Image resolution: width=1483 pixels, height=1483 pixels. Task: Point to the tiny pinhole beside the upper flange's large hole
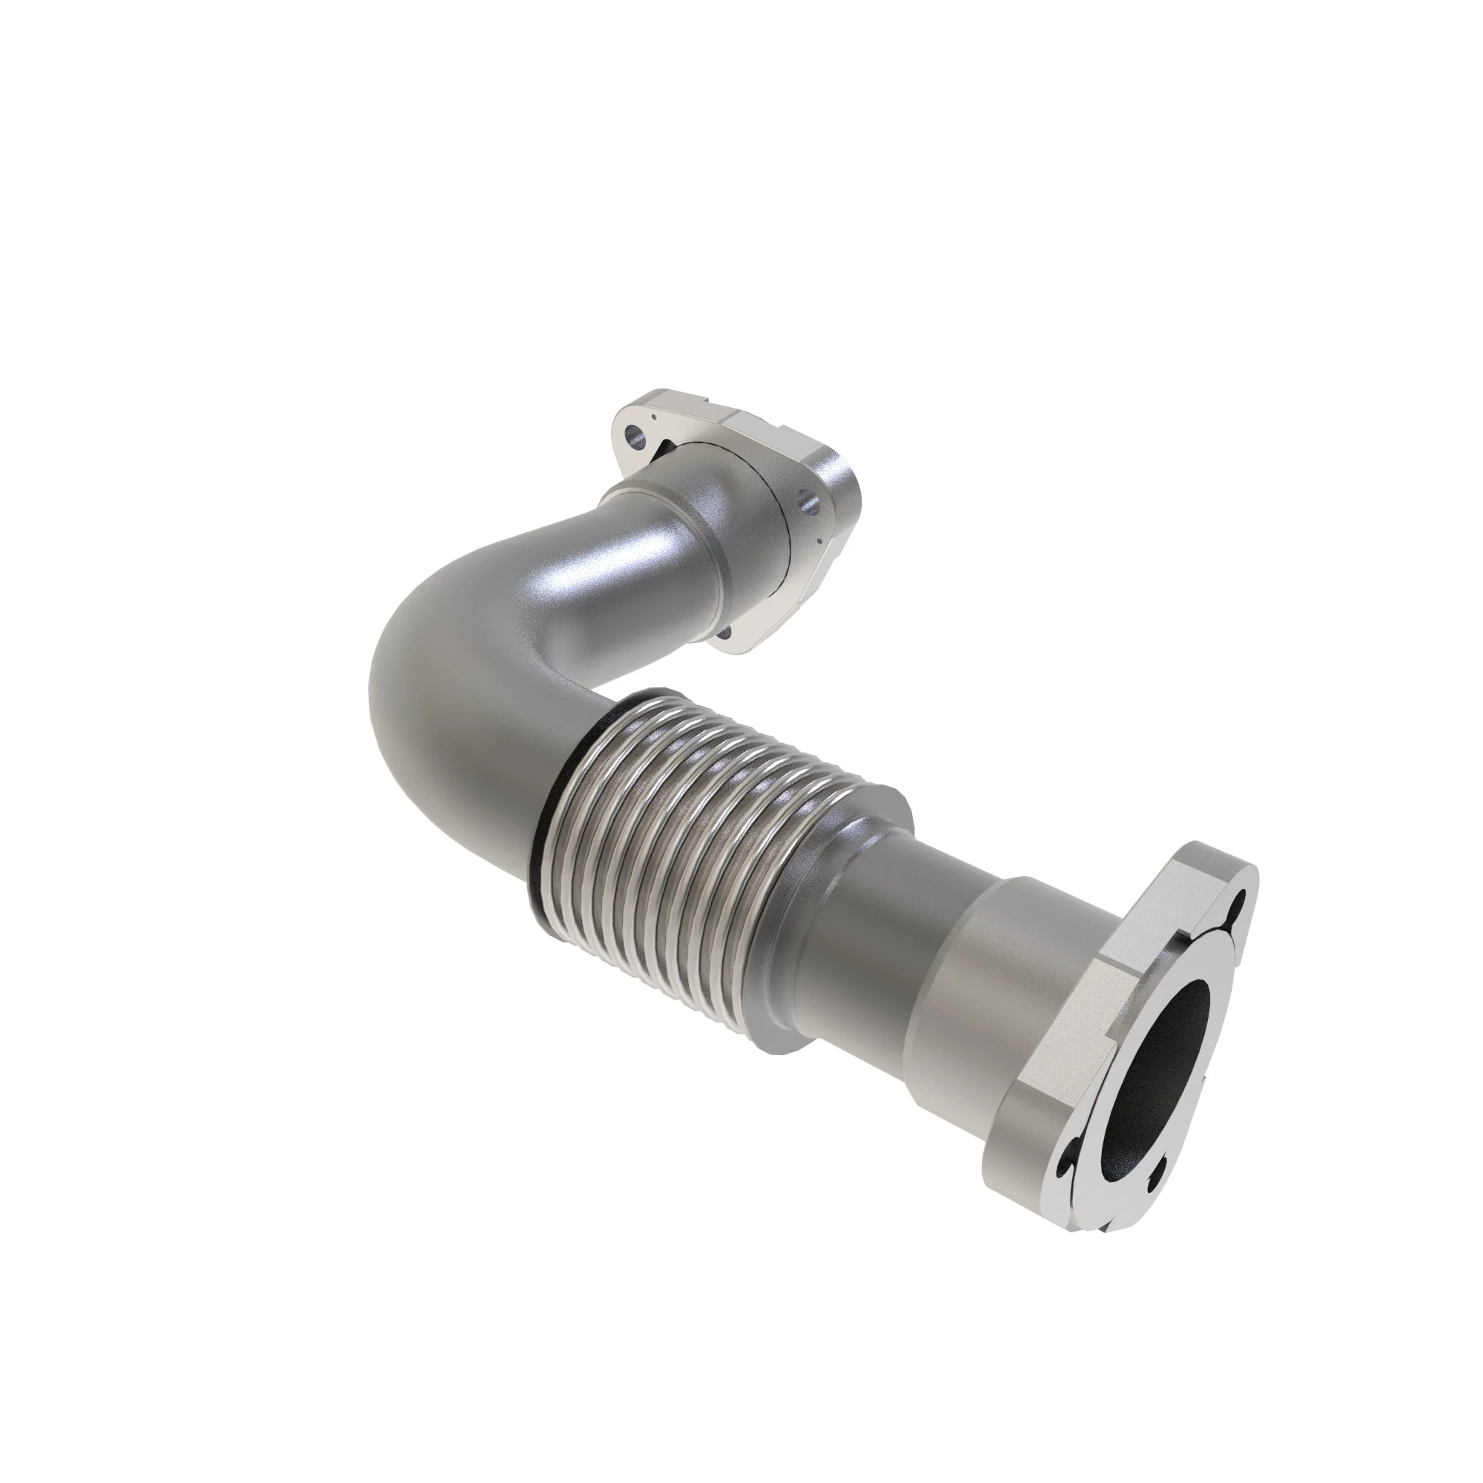click(x=653, y=418)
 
